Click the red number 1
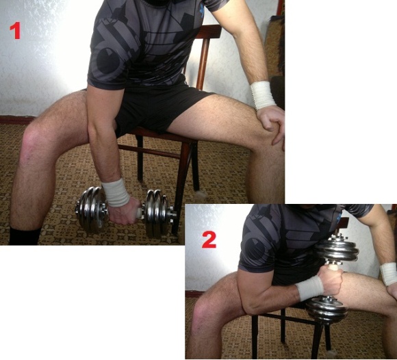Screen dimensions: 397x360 15,31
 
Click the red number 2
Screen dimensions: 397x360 209,240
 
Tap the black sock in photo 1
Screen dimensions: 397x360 25,235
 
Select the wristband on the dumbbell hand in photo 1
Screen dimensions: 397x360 116,192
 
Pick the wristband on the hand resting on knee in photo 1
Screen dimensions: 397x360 263,95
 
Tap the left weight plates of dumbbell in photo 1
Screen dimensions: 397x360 91,209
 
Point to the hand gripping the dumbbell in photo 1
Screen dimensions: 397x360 125,211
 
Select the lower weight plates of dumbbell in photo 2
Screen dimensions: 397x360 326,309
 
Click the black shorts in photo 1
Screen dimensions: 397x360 157,110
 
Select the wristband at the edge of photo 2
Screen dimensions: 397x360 389,274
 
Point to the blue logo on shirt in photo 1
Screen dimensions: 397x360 202,11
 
